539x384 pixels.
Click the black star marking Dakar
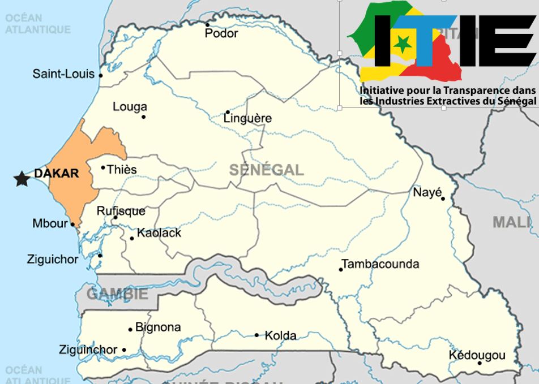(22, 179)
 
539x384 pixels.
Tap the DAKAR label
(57, 174)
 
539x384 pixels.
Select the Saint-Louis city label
(63, 74)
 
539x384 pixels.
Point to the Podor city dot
(207, 25)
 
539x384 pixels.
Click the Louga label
(130, 107)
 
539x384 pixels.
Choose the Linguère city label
(247, 119)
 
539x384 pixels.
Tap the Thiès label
(122, 169)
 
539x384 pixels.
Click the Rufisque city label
(121, 211)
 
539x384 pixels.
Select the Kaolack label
(159, 232)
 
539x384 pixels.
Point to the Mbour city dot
(73, 224)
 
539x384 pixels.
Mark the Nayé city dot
(443, 199)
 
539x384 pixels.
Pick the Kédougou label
(477, 355)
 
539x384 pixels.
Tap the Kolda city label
(280, 335)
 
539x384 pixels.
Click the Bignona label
(158, 327)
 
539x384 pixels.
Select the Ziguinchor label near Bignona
(88, 350)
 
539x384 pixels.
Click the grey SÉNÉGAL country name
(266, 170)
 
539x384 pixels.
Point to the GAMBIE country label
(117, 294)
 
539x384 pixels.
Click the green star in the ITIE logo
(403, 43)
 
